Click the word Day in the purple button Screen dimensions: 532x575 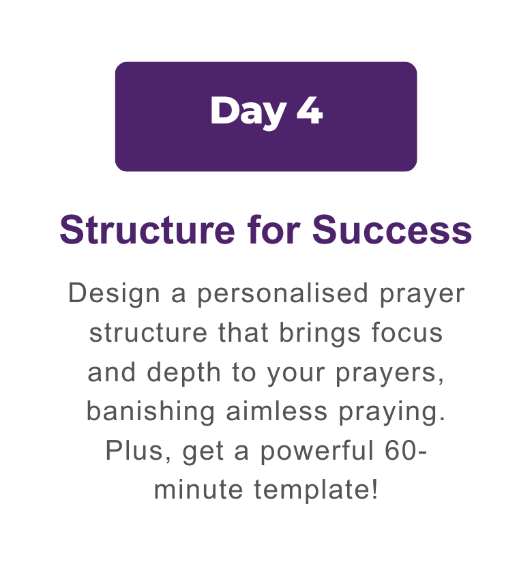coord(248,112)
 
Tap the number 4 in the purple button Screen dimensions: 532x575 coord(310,110)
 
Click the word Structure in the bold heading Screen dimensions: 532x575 coord(147,230)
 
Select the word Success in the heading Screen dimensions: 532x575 coord(392,230)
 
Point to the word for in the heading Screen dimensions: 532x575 coord(274,230)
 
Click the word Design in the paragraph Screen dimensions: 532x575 coord(114,294)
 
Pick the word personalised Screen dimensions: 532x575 coord(282,294)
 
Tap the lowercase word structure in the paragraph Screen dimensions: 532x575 coord(148,333)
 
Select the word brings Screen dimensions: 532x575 coord(320,334)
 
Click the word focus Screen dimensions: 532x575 coord(407,332)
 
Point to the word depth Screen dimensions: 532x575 coord(183,372)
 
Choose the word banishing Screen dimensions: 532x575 coord(150,412)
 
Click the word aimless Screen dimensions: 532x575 coord(276,411)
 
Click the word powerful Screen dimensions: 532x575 coord(316,452)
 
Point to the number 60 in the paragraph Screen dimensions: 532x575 coord(400,451)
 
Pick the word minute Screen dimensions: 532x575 coord(198,490)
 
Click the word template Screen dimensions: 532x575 coord(312,490)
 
